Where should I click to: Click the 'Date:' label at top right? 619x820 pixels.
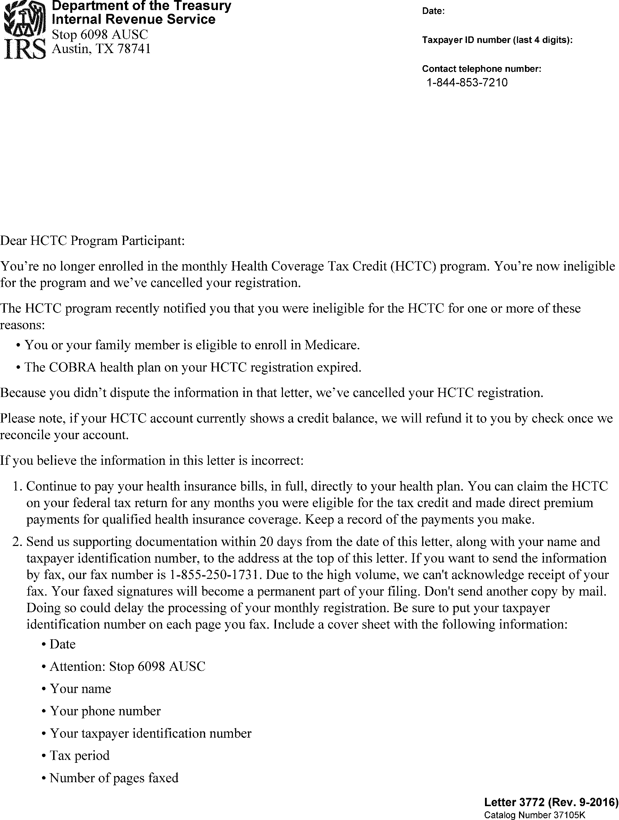(433, 11)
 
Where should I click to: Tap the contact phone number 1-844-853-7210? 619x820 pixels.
(467, 82)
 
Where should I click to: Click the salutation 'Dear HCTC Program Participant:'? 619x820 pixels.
(92, 241)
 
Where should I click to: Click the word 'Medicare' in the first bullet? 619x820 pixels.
(332, 345)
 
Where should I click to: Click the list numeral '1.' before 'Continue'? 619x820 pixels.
(18, 486)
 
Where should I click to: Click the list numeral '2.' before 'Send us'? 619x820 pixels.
(18, 541)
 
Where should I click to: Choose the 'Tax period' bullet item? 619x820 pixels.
(80, 755)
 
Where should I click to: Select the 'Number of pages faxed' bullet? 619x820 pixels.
(114, 777)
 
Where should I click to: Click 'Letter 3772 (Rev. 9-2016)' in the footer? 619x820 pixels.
(551, 802)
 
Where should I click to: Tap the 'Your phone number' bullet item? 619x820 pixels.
(105, 711)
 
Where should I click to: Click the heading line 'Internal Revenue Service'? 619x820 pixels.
(134, 19)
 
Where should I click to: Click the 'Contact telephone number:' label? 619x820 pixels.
(482, 69)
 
